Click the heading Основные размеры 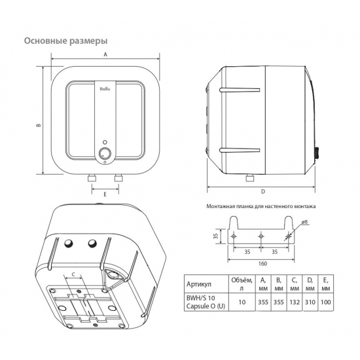[65, 41]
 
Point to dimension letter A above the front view [105, 56]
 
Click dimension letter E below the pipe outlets [105, 194]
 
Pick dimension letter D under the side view [262, 192]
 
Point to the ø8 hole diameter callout [306, 223]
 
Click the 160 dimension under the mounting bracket [261, 264]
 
